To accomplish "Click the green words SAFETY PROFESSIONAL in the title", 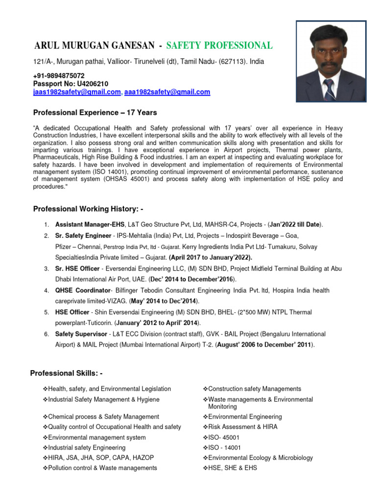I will pyautogui.click(x=219, y=46).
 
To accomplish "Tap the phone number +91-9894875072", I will pyautogui.click(x=59, y=76).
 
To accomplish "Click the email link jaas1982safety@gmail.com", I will pyautogui.click(x=77, y=92).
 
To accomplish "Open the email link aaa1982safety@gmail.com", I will pyautogui.click(x=167, y=92).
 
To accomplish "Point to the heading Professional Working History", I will pyautogui.click(x=88, y=209).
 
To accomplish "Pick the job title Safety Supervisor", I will pyautogui.click(x=81, y=334).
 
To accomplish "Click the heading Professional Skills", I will pyautogui.click(x=67, y=374).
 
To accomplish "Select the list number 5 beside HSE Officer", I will pyautogui.click(x=46, y=313).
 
